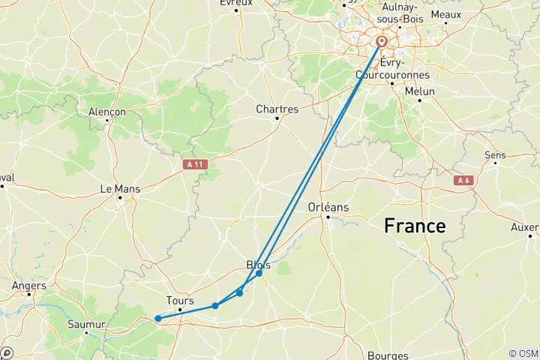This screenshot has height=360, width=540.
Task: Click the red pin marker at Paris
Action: pyautogui.click(x=382, y=42)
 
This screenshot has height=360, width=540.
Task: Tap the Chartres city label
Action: pyautogui.click(x=277, y=109)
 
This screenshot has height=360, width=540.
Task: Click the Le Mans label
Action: pyautogui.click(x=120, y=190)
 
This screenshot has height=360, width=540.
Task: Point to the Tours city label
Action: pyautogui.click(x=180, y=301)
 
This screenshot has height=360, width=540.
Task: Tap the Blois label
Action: pyautogui.click(x=259, y=264)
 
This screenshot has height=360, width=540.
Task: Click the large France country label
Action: pyautogui.click(x=415, y=226)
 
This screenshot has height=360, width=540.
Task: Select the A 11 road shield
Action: pyautogui.click(x=193, y=163)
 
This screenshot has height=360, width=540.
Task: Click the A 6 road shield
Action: pyautogui.click(x=462, y=180)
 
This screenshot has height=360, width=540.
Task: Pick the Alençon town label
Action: pyautogui.click(x=107, y=111)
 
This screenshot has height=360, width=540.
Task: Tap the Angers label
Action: pyautogui.click(x=28, y=285)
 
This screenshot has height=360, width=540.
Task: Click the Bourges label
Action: pyautogui.click(x=388, y=355)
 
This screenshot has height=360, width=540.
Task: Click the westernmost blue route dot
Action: pyautogui.click(x=157, y=319)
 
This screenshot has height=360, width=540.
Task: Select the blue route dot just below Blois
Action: pyautogui.click(x=259, y=274)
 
